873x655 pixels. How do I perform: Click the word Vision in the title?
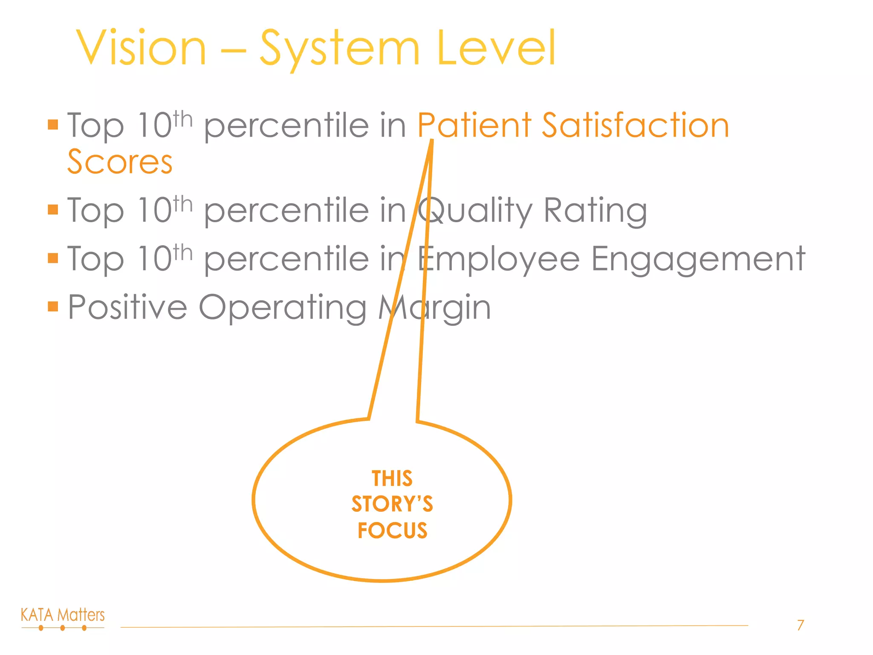pyautogui.click(x=141, y=48)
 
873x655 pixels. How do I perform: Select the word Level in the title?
pyautogui.click(x=496, y=48)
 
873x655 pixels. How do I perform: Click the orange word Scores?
pyautogui.click(x=120, y=162)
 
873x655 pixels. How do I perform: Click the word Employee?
pyautogui.click(x=499, y=259)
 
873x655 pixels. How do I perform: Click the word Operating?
pyautogui.click(x=283, y=308)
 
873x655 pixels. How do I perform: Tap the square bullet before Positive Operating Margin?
pyautogui.click(x=53, y=307)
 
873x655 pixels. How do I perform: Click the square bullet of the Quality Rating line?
pyautogui.click(x=53, y=210)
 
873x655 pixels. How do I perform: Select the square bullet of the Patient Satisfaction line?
pyautogui.click(x=53, y=125)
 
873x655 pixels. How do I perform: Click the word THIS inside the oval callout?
pyautogui.click(x=392, y=478)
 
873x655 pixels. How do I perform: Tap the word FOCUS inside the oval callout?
pyautogui.click(x=392, y=530)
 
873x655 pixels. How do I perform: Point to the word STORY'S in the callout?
pyautogui.click(x=392, y=504)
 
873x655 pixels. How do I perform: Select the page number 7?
pyautogui.click(x=801, y=625)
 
